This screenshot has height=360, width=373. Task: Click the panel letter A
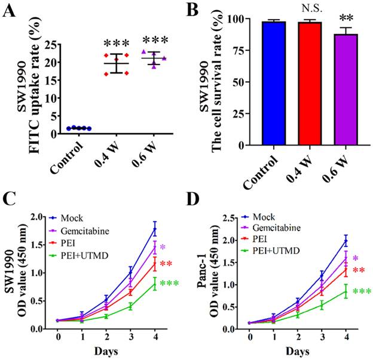coord(11,10)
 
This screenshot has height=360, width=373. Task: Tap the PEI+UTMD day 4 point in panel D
coord(344,292)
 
